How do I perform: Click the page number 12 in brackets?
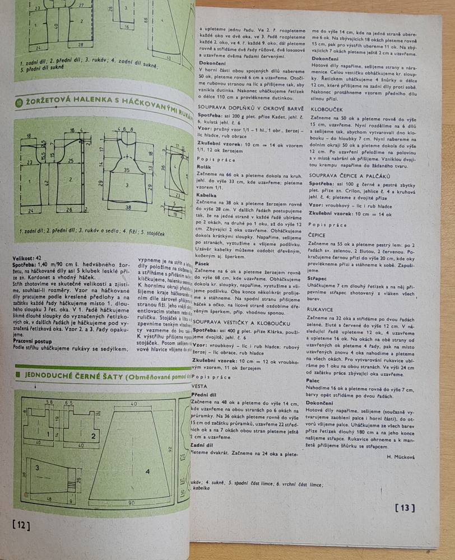(20, 525)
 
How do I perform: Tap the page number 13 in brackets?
(404, 508)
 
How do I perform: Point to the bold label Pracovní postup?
(34, 340)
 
